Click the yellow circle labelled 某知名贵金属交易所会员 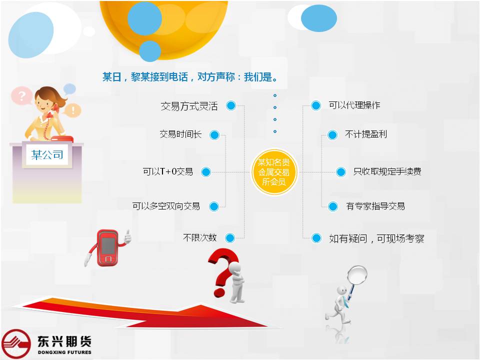point(274,172)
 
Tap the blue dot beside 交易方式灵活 point(231,105)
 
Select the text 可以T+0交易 point(168,171)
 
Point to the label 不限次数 point(199,237)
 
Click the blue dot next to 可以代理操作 point(315,105)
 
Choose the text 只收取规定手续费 point(387,171)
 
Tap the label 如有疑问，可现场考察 point(376,238)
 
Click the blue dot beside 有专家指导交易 point(333,206)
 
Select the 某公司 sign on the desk point(47,155)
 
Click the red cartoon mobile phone point(108,248)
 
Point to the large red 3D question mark point(223,272)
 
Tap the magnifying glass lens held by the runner point(357,275)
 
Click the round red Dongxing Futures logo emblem point(16,344)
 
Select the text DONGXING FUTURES point(64,352)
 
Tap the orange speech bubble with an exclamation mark point(73,110)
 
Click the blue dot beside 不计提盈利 point(332,135)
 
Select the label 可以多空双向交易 point(166,206)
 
